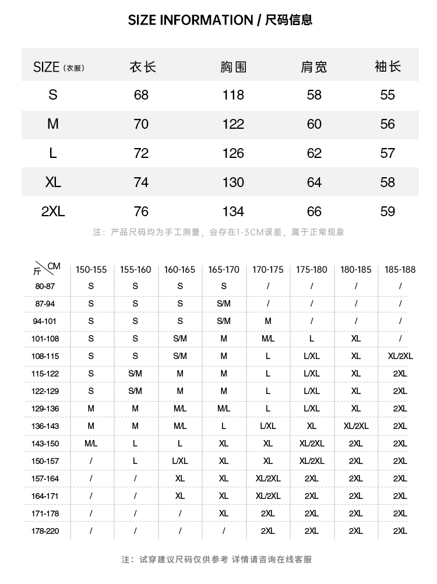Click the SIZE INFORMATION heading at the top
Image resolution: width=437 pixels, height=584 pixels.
click(x=220, y=20)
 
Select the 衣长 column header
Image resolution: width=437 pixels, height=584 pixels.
click(x=142, y=67)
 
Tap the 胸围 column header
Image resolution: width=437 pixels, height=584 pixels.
click(x=233, y=67)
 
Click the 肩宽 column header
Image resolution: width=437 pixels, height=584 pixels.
click(x=313, y=67)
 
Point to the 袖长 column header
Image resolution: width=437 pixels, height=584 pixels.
click(x=387, y=67)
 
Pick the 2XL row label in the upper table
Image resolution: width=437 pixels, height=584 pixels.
click(x=53, y=212)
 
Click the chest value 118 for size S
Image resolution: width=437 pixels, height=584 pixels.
click(x=233, y=95)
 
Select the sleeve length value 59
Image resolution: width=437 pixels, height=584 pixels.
click(x=387, y=212)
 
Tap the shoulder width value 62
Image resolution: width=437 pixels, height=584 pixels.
click(x=314, y=153)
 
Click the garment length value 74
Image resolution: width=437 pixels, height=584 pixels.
click(x=141, y=182)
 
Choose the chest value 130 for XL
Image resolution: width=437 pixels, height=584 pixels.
click(x=233, y=182)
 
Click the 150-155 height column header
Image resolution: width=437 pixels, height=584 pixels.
click(x=91, y=269)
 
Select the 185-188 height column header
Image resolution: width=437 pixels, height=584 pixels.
click(x=400, y=269)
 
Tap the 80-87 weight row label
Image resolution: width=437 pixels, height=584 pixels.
click(x=45, y=286)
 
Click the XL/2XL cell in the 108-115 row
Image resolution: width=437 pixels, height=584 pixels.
click(x=400, y=356)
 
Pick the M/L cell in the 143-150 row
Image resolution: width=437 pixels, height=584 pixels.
click(x=91, y=444)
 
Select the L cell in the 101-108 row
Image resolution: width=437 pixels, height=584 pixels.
click(x=312, y=339)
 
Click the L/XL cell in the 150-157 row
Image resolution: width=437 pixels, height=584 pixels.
click(x=180, y=461)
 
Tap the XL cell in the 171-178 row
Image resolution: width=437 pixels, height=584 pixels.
click(x=224, y=513)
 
